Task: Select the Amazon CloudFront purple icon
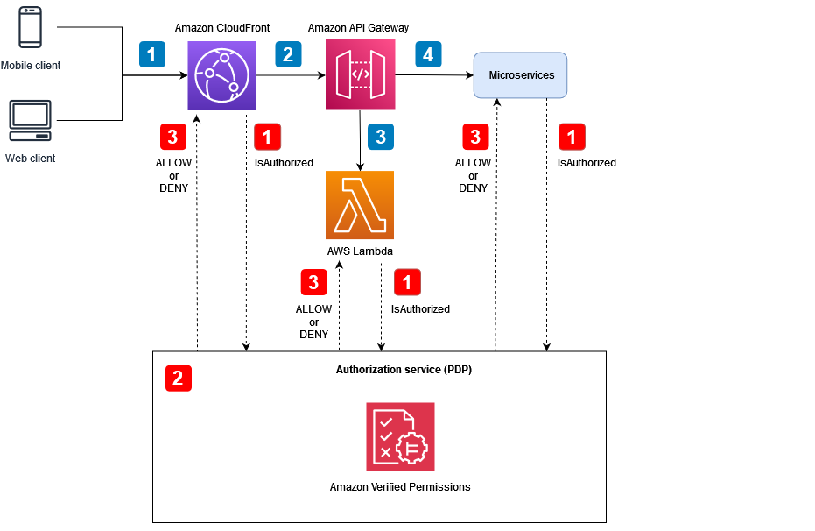221,75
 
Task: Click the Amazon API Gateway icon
360,75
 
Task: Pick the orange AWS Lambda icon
360,205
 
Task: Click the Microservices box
520,75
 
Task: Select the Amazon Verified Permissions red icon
400,436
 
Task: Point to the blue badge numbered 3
380,137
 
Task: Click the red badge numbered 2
178,378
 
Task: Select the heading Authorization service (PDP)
404,370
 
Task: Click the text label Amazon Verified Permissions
400,487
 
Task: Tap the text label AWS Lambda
360,251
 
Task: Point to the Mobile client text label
31,66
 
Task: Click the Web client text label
31,159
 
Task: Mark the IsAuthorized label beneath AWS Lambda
420,309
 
